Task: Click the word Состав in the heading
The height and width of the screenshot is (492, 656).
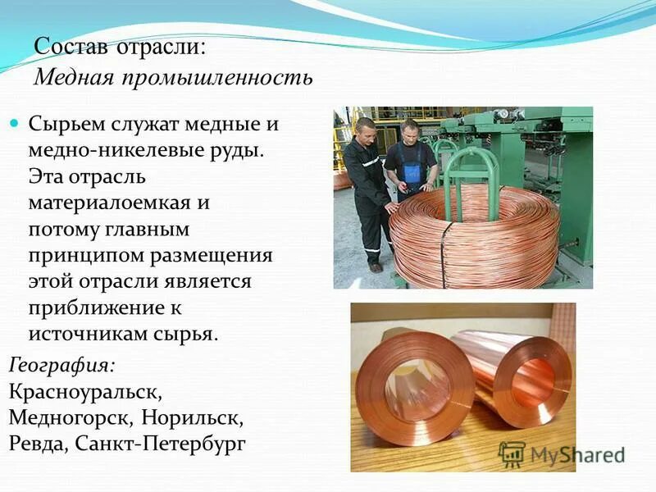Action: pos(72,46)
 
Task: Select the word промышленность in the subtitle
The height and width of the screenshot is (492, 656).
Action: pos(217,79)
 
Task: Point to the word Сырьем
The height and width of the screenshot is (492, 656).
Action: pos(67,125)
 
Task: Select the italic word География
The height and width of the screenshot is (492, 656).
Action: pos(61,364)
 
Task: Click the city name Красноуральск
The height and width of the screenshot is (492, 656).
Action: pos(90,391)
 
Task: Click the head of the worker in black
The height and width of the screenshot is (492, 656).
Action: pos(365,128)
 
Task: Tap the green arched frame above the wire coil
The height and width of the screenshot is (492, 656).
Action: pos(471,164)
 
